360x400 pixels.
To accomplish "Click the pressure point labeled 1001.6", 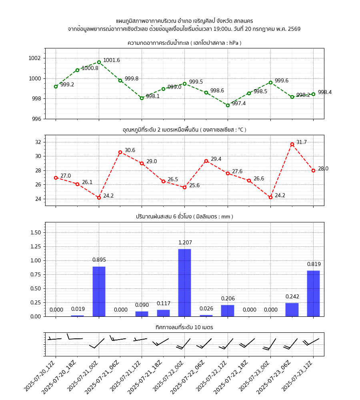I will tap(99, 62).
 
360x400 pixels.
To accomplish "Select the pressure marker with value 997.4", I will tap(228, 105).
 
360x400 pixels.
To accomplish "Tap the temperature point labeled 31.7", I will tap(292, 144).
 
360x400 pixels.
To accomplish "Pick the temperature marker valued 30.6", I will tap(120, 152).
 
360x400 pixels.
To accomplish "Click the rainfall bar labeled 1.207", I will tap(184, 282).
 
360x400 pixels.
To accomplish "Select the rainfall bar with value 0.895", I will tap(99, 291).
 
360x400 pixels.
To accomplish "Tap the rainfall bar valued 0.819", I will tap(313, 293).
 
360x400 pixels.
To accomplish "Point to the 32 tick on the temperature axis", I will tap(38, 142).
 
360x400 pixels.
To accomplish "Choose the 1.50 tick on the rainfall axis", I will tap(35, 232).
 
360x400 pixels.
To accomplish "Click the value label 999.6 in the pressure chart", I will tap(281, 81).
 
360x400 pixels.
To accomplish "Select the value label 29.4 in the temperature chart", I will tap(216, 159).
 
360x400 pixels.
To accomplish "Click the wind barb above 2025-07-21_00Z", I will tap(97, 344).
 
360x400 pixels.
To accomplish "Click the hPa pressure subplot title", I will tap(184, 43).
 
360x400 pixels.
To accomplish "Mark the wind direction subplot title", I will tap(184, 327).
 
